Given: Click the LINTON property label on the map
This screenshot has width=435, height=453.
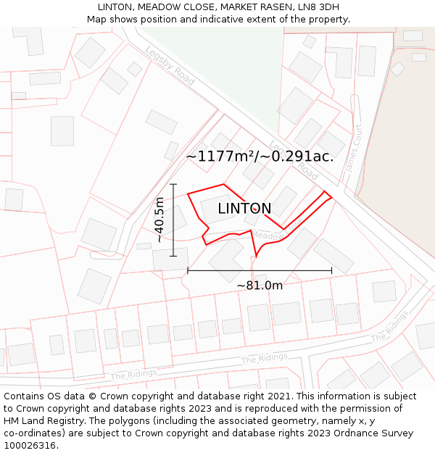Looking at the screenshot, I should (x=244, y=209).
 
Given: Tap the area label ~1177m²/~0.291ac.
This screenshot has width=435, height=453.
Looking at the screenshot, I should (x=260, y=156).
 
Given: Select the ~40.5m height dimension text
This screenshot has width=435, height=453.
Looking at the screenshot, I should (x=159, y=220).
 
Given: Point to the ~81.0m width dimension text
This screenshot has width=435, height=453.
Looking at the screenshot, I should (x=260, y=286).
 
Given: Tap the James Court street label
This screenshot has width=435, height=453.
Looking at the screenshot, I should (x=354, y=148).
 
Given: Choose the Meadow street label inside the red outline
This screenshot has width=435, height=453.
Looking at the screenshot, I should (x=270, y=236).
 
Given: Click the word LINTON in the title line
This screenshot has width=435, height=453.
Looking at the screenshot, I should (x=115, y=7).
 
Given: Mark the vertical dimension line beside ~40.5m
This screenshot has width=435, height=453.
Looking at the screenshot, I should (x=174, y=220).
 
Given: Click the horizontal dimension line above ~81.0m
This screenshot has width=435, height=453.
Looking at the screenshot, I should (x=260, y=271).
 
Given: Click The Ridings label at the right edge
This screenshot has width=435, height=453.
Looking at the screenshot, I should (x=389, y=331).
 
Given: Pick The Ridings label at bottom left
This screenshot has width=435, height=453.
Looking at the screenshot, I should (x=133, y=373).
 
